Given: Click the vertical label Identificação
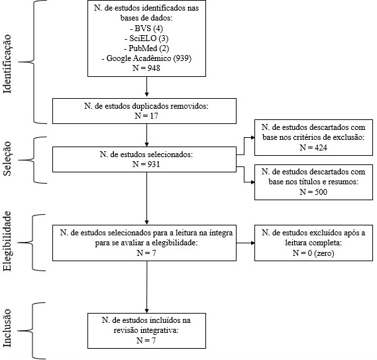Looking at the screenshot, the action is [x=7, y=64].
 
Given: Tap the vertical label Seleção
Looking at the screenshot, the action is [x=7, y=158].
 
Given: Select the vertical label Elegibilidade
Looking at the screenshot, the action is [x=7, y=241].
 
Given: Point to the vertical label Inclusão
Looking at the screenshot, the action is [x=7, y=328].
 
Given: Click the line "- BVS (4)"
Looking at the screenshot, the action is [x=146, y=29].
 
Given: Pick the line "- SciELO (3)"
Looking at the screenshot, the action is [x=146, y=38].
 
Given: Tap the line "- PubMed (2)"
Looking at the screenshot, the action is [x=146, y=48].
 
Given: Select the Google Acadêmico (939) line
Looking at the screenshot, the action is [x=146, y=58].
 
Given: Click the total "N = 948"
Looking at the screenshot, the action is [x=146, y=68].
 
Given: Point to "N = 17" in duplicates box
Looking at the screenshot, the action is [x=146, y=116].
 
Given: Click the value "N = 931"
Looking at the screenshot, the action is [x=146, y=164].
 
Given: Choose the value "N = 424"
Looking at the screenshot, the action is [x=313, y=147].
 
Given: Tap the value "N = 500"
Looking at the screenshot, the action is [x=313, y=192].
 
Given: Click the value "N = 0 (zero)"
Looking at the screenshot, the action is [x=313, y=253].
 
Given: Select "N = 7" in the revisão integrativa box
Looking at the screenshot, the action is [x=146, y=341].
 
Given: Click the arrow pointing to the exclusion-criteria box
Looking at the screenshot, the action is [x=244, y=146].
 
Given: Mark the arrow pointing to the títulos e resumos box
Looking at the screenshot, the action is [x=244, y=174].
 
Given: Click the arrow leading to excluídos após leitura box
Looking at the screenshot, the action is [x=246, y=243].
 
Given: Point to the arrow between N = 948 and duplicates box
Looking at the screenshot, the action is [x=146, y=87].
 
